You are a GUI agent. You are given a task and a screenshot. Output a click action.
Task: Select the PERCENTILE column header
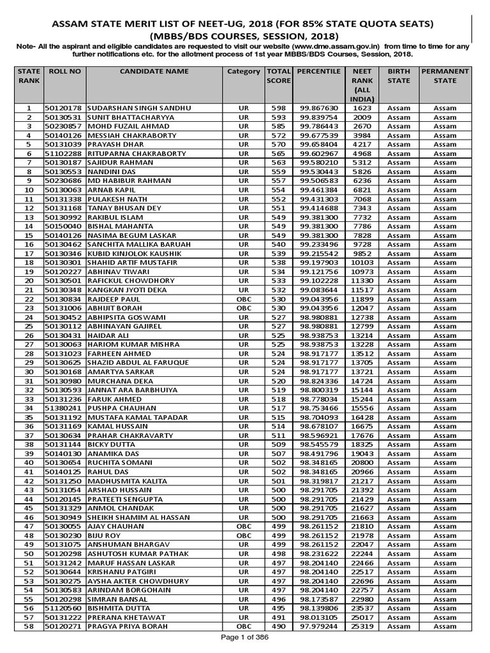coord(318,71)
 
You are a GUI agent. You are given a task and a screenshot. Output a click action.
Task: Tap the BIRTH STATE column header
coord(399,77)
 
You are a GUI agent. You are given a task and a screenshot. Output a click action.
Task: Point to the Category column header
coord(243,71)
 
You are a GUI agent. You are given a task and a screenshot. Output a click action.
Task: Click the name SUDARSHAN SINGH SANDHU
coord(139,108)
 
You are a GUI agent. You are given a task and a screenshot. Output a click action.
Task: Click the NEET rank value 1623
coord(362,108)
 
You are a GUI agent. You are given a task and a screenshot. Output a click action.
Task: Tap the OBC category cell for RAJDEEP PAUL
coord(243,300)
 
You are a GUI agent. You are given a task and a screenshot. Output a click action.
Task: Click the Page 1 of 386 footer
coord(245,638)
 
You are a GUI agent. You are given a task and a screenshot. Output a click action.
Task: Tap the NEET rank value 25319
coord(362,627)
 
